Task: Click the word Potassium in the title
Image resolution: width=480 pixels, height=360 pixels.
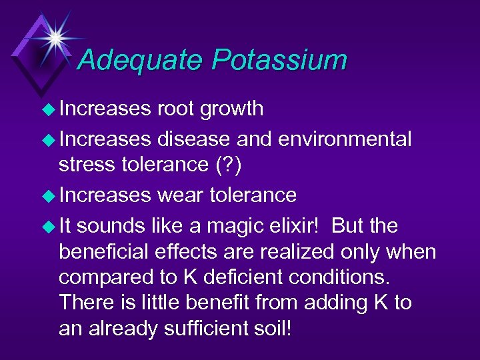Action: point(280,61)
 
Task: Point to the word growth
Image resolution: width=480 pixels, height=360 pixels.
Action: point(233,109)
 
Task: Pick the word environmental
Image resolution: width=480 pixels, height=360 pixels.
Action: point(345,139)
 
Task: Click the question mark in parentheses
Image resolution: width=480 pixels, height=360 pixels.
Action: point(229,165)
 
